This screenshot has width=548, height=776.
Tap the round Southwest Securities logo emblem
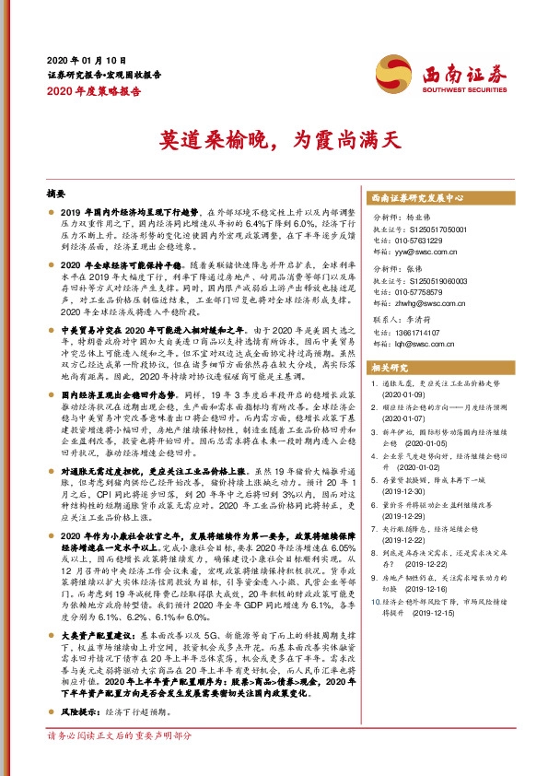tap(391, 71)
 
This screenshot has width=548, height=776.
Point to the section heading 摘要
tap(57, 195)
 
